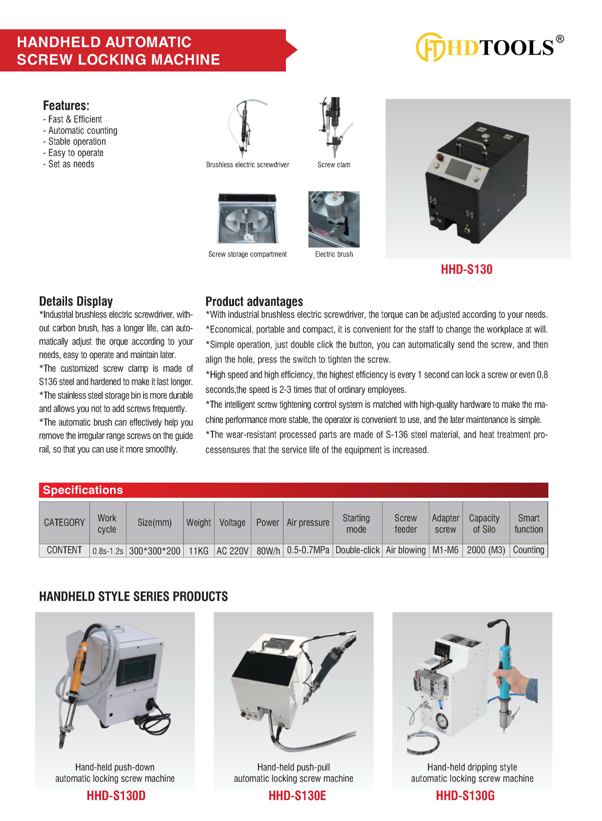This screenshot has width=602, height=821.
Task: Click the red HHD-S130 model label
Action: pyautogui.click(x=466, y=269)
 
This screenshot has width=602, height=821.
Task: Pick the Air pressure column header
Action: pyautogui.click(x=308, y=522)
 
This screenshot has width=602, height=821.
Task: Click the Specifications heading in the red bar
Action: pyautogui.click(x=83, y=490)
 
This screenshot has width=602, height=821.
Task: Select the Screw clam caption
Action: pyautogui.click(x=334, y=165)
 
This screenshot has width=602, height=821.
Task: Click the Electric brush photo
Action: pyautogui.click(x=334, y=219)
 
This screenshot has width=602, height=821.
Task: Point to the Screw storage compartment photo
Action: pyautogui.click(x=247, y=218)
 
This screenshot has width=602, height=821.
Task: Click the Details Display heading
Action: pyautogui.click(x=76, y=301)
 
